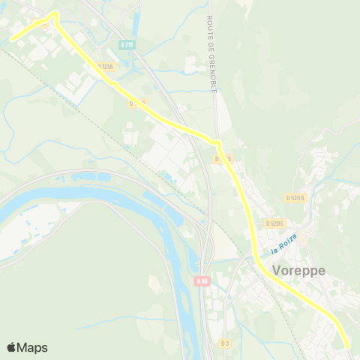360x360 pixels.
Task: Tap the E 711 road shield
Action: click(127, 45)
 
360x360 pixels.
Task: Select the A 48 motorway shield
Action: click(201, 281)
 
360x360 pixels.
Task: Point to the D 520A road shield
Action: click(296, 197)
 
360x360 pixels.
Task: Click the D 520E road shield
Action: click(274, 223)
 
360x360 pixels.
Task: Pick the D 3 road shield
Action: click(225, 343)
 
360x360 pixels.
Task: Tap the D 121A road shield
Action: click(105, 67)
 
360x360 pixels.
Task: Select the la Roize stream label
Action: click(285, 242)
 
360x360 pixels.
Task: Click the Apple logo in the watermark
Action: click(12, 347)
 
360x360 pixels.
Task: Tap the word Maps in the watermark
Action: click(32, 347)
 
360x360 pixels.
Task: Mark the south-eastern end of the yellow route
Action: click(348, 346)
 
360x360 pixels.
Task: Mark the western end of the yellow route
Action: click(11, 38)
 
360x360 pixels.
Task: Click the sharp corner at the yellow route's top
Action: click(55, 13)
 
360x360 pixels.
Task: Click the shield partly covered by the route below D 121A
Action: click(137, 102)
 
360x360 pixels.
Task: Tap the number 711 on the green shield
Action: click(129, 45)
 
